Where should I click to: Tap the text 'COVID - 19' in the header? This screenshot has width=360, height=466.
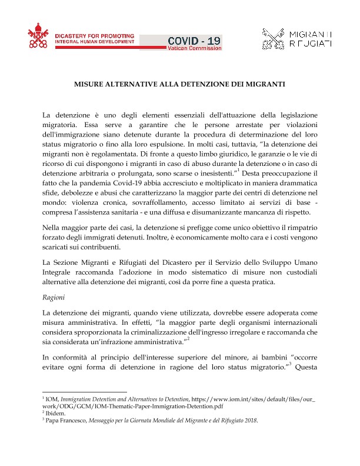195,40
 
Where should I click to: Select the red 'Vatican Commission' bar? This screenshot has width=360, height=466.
195,48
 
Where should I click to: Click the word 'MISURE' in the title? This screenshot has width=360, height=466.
88,84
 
